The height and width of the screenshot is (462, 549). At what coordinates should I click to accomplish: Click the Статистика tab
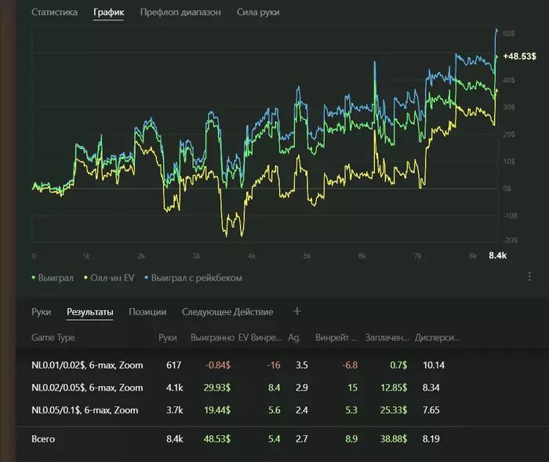click(x=54, y=13)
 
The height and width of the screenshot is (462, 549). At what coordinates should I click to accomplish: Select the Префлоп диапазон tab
click(x=180, y=13)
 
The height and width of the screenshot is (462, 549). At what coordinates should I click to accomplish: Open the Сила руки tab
click(x=258, y=13)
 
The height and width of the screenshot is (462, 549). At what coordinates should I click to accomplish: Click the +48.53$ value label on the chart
click(x=519, y=56)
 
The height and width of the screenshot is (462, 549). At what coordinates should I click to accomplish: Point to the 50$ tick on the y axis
click(x=508, y=34)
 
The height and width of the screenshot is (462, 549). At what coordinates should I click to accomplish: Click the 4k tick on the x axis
click(x=252, y=256)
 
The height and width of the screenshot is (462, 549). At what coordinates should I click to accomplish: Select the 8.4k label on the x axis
click(x=498, y=256)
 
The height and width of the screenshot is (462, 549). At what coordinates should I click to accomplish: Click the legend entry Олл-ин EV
click(x=101, y=278)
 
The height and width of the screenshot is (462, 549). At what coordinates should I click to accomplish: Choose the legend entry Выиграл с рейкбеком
click(x=196, y=278)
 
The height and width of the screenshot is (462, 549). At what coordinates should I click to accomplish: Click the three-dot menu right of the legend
click(x=529, y=277)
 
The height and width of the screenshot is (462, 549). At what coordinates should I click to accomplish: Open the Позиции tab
click(x=147, y=312)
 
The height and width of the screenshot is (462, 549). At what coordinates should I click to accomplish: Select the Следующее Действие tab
click(x=227, y=312)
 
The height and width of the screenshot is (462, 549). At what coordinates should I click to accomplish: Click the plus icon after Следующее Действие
click(x=297, y=311)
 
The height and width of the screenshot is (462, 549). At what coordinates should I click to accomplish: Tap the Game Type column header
click(x=53, y=338)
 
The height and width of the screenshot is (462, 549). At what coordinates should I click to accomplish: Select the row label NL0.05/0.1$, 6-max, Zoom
click(x=85, y=410)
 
